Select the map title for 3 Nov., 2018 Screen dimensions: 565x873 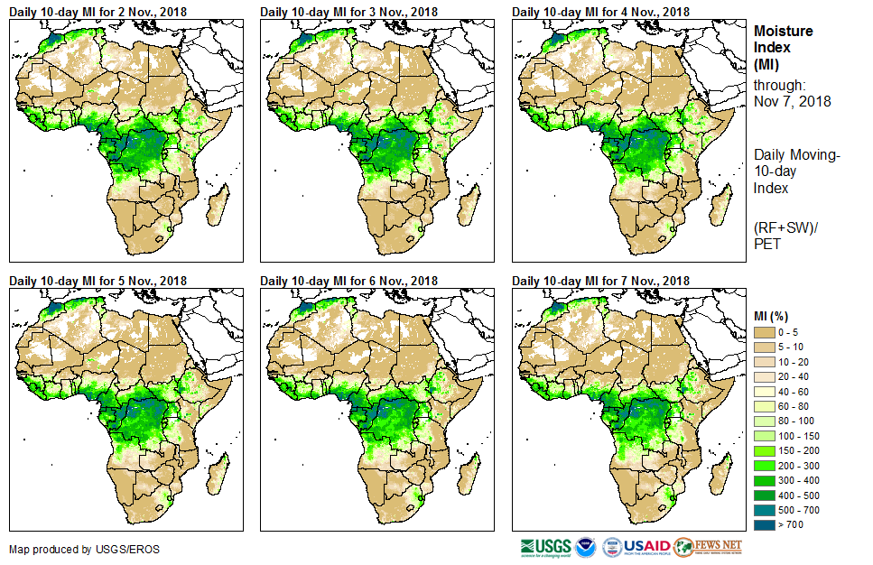pyautogui.click(x=348, y=12)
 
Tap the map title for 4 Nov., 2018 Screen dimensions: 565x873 pyautogui.click(x=600, y=12)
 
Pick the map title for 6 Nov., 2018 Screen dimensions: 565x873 pyautogui.click(x=348, y=281)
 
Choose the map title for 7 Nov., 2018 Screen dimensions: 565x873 pyautogui.click(x=600, y=281)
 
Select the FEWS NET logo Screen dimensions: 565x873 pyautogui.click(x=708, y=547)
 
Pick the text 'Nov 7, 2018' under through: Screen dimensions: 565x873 pyautogui.click(x=792, y=101)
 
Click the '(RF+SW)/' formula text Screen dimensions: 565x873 pyautogui.click(x=783, y=227)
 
